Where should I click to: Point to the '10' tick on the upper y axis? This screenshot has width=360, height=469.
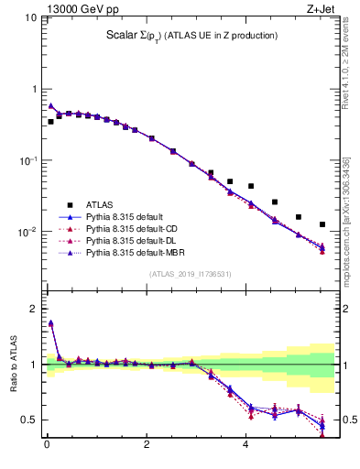click(28, 18)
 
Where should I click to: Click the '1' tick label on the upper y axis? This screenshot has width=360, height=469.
click(33, 90)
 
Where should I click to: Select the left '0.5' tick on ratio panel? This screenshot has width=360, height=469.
click(30, 420)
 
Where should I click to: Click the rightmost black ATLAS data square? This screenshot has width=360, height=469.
click(322, 224)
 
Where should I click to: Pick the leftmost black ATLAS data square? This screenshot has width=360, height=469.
click(50, 121)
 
